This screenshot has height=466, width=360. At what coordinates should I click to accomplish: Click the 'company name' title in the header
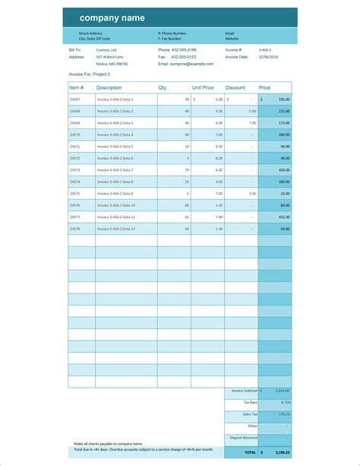pyautogui.click(x=112, y=18)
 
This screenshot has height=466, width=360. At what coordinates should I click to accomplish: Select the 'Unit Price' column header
pyautogui.click(x=203, y=87)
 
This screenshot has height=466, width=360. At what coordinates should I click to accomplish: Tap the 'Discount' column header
pyautogui.click(x=235, y=87)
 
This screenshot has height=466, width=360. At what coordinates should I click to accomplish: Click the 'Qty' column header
pyautogui.click(x=162, y=87)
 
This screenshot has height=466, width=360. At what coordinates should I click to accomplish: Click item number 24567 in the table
pyautogui.click(x=75, y=100)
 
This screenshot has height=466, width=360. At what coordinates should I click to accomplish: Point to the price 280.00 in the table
pyautogui.click(x=283, y=135)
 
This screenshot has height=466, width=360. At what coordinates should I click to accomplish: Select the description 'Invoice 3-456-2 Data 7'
pyautogui.click(x=115, y=170)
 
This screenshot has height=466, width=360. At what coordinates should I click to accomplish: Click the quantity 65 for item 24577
pyautogui.click(x=186, y=217)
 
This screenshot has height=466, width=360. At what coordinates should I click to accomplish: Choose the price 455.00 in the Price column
pyautogui.click(x=283, y=217)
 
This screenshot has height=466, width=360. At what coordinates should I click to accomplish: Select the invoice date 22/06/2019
pyautogui.click(x=269, y=56)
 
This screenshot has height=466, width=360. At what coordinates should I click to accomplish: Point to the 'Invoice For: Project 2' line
pyautogui.click(x=89, y=74)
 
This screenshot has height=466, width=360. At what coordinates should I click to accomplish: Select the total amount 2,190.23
pyautogui.click(x=282, y=452)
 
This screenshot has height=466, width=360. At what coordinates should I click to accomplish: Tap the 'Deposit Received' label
pyautogui.click(x=244, y=438)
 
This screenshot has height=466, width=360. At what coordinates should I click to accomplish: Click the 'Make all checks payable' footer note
pyautogui.click(x=109, y=443)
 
